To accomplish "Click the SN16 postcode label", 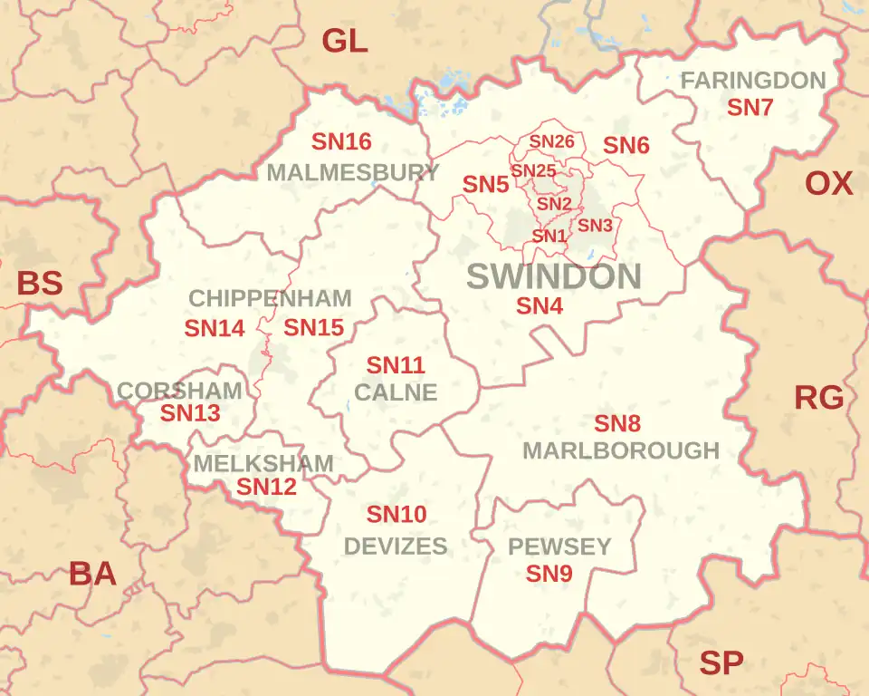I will pos(341,142).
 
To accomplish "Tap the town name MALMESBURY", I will pos(353,172).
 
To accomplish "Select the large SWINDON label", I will pos(553,276).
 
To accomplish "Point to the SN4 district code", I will pos(540,306).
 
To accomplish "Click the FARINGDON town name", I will pos(752,81).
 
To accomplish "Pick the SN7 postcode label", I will pos(750,107).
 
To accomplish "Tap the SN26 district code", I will pos(551,141).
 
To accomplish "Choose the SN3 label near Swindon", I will pos(595,225).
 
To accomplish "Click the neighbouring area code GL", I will pos(345,41).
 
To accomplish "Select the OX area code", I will pos(828,184).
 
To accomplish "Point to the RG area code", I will pos(818,397).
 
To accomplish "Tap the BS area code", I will pos(40,284).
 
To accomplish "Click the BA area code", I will pos(92,574).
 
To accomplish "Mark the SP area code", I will pos(721,663).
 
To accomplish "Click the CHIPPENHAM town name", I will pos(270,298).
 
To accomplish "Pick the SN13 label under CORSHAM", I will pos(190,413).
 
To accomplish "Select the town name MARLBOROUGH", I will pos(621,450).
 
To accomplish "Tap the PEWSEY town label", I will pos(559,546).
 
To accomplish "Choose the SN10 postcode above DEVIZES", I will pos(396,515).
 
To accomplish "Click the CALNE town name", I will pos(396,392).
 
